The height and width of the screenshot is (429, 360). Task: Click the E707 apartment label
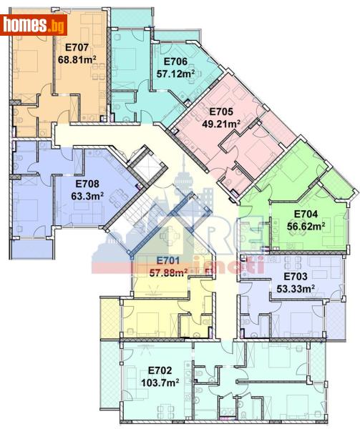coord(77,48)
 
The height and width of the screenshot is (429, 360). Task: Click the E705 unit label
coord(221,112)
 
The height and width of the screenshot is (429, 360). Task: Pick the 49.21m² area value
coord(221,123)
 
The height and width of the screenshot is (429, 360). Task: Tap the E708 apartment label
coord(86,182)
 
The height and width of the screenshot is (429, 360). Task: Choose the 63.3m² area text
coord(86,194)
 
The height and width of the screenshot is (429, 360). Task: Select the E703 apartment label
coord(296,277)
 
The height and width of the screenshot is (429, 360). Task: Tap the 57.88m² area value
coord(169,272)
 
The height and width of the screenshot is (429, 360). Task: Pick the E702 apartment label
coord(160,370)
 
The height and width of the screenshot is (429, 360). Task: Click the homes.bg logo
coord(34,26)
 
